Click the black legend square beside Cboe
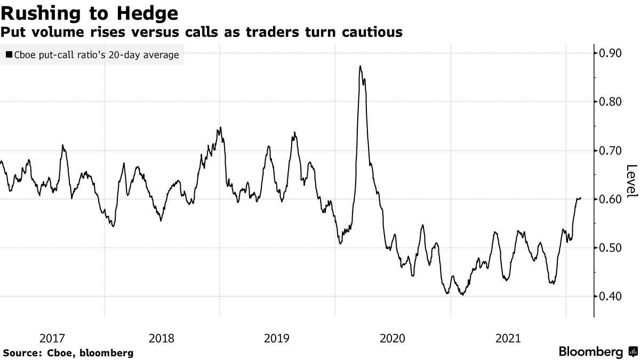point(9,54)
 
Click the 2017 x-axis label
point(52,338)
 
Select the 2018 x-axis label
point(161,338)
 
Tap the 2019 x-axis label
point(277,338)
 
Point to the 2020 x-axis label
point(393,338)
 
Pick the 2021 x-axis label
point(508,338)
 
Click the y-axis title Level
point(631,181)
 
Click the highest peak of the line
point(361,66)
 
